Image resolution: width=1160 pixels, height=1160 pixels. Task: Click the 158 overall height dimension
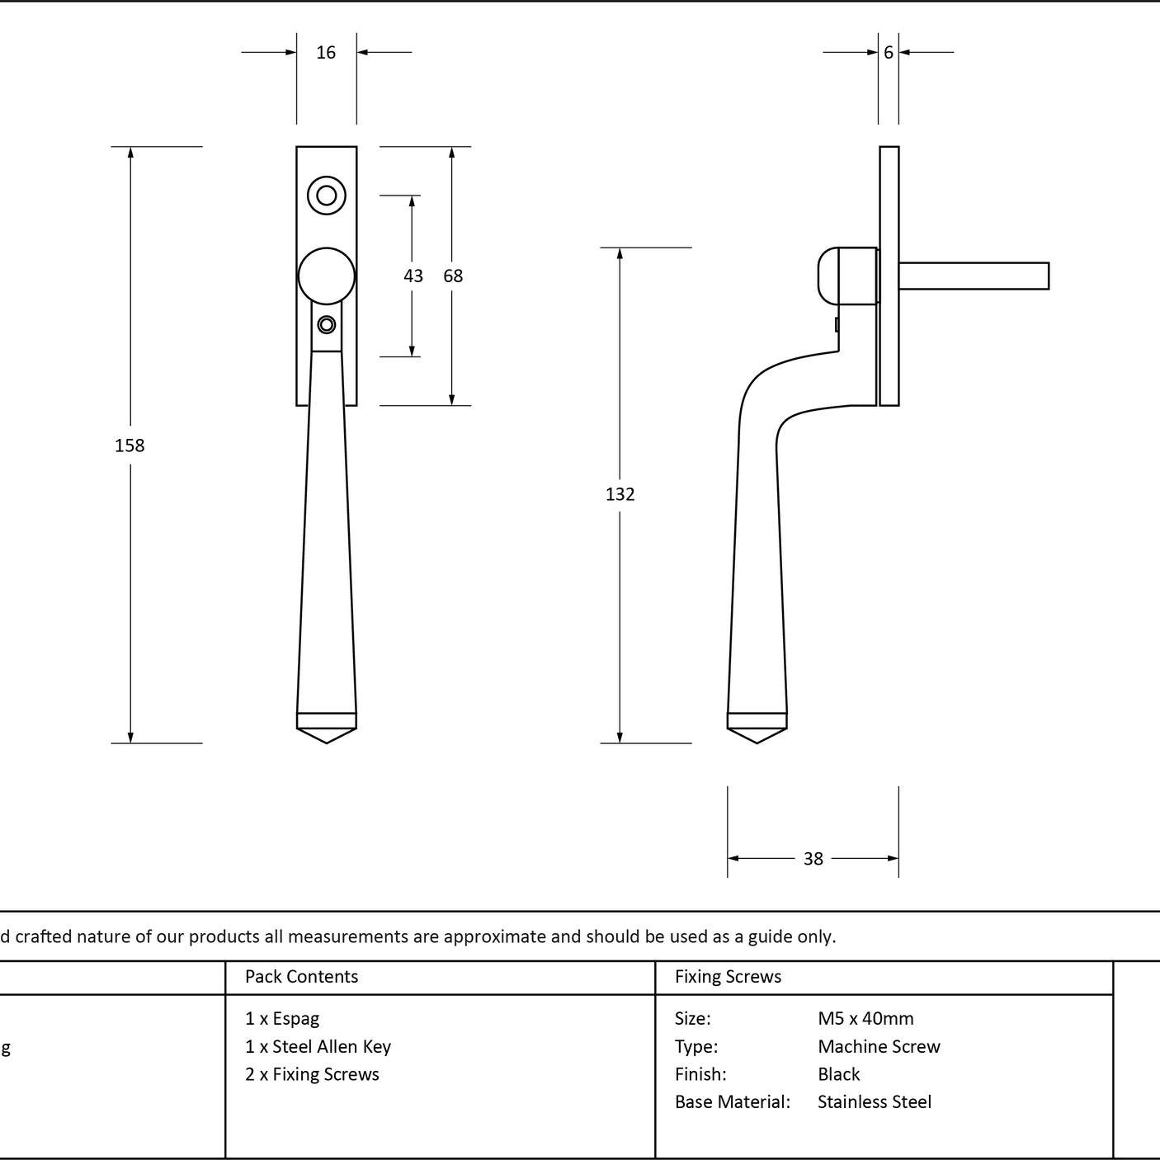click(130, 446)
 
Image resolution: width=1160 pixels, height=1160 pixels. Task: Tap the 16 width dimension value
click(326, 53)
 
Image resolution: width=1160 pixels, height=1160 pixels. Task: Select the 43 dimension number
click(413, 276)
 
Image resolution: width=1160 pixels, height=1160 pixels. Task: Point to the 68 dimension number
click(453, 276)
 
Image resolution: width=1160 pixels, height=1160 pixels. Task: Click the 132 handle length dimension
click(620, 494)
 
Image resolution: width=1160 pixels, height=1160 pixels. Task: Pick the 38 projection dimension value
click(813, 859)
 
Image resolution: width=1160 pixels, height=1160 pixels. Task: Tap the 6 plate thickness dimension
click(888, 53)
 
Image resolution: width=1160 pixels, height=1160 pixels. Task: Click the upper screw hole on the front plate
click(326, 196)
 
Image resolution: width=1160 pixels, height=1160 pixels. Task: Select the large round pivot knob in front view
click(326, 276)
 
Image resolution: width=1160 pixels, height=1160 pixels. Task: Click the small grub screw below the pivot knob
click(326, 325)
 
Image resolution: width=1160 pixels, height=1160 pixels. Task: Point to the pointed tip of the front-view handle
click(326, 743)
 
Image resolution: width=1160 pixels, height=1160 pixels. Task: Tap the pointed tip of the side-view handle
click(757, 743)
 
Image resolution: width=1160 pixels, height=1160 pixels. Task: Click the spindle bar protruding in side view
click(974, 276)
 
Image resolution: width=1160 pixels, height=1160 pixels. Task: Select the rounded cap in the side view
click(828, 276)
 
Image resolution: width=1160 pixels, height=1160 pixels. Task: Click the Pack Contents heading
click(301, 976)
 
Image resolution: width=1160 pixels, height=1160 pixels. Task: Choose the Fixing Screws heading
click(728, 976)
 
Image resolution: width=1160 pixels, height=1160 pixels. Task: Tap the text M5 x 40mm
click(865, 1019)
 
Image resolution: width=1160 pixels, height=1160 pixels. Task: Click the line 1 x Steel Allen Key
click(318, 1047)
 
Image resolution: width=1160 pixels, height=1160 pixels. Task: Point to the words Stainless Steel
click(874, 1102)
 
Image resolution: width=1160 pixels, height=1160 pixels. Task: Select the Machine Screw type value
click(879, 1047)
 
